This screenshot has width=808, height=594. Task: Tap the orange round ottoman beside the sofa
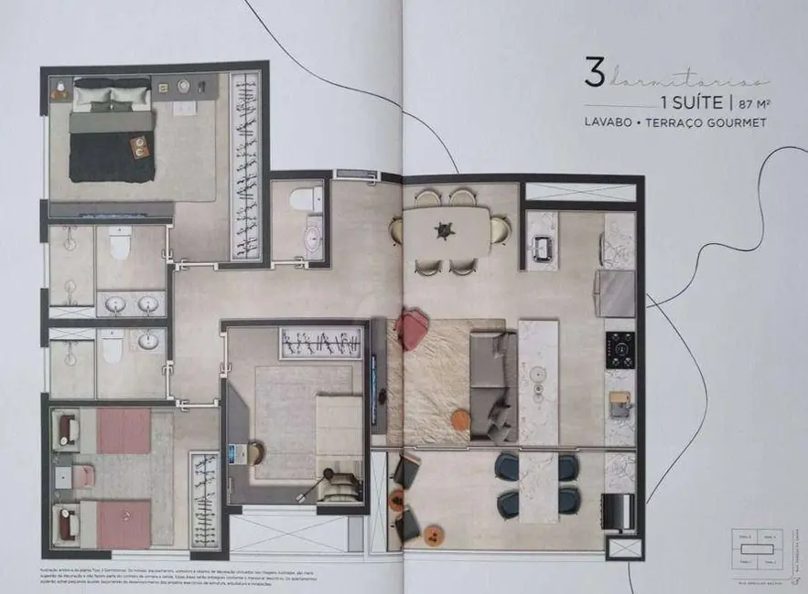462,419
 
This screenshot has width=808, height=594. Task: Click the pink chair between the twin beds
83,474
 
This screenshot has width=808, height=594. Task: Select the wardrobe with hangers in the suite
245,164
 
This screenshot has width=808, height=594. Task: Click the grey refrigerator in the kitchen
615,293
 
